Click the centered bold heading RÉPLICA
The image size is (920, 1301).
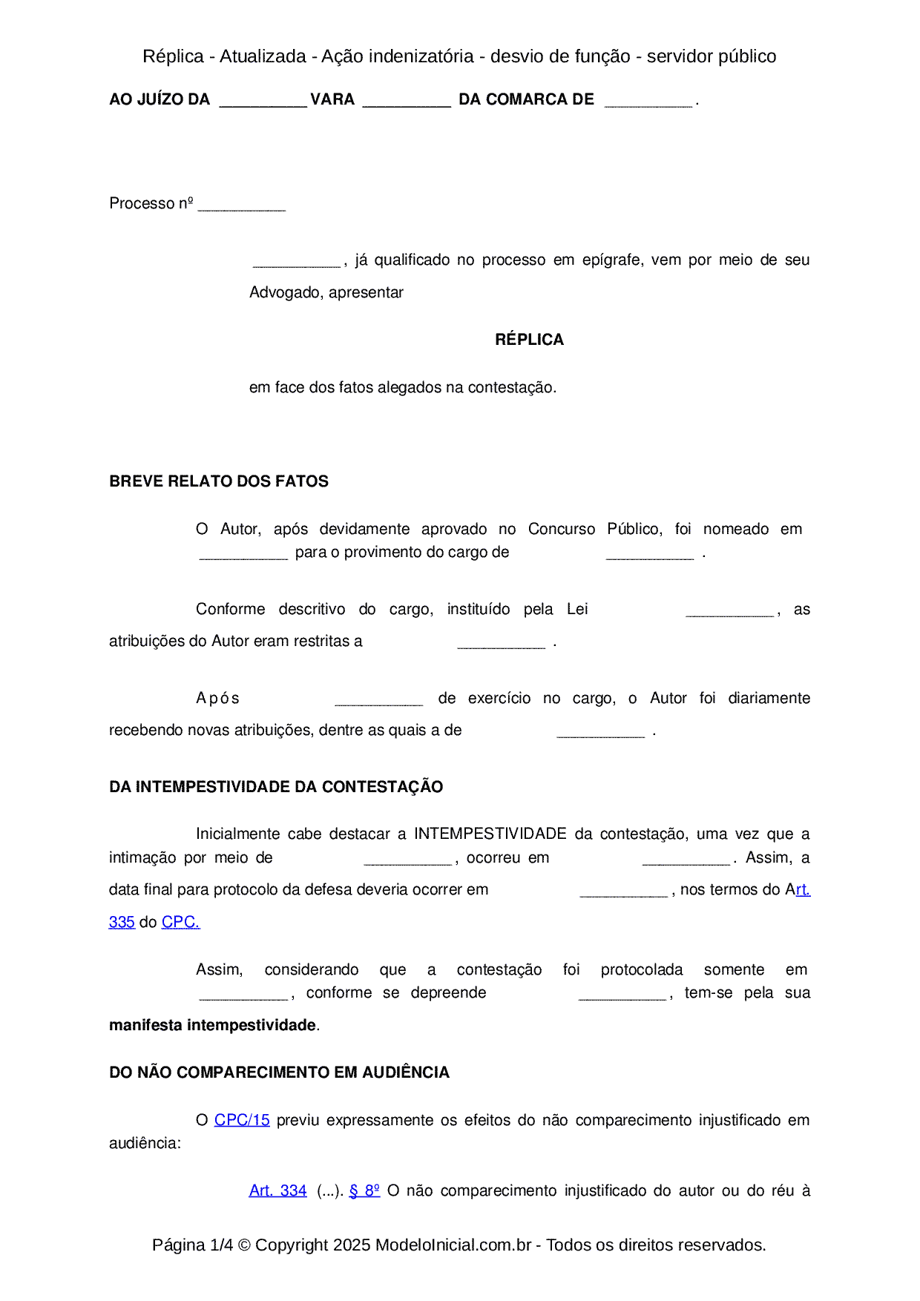tap(529, 340)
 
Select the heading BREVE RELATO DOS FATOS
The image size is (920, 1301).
tap(219, 481)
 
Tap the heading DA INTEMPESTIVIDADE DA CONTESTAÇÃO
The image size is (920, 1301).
tap(276, 787)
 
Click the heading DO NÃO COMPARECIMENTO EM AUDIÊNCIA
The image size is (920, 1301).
tap(279, 1073)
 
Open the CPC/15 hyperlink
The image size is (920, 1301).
tap(242, 1120)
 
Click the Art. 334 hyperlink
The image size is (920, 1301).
tap(277, 1190)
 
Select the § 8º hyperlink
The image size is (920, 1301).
tap(364, 1190)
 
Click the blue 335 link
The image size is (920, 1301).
tap(122, 922)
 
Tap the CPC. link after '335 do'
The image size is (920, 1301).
tap(180, 922)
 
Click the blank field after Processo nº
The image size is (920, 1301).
tap(242, 205)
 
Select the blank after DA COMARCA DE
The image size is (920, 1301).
tap(648, 102)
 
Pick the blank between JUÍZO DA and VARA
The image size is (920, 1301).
tap(263, 102)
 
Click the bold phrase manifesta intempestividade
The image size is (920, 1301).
tap(212, 1025)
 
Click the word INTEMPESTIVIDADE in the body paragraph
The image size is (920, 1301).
tap(490, 834)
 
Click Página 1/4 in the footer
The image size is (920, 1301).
tap(192, 1245)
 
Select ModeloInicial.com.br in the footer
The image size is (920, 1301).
tap(453, 1245)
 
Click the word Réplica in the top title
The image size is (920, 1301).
tap(173, 56)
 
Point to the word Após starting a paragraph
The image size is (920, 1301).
tap(217, 698)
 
